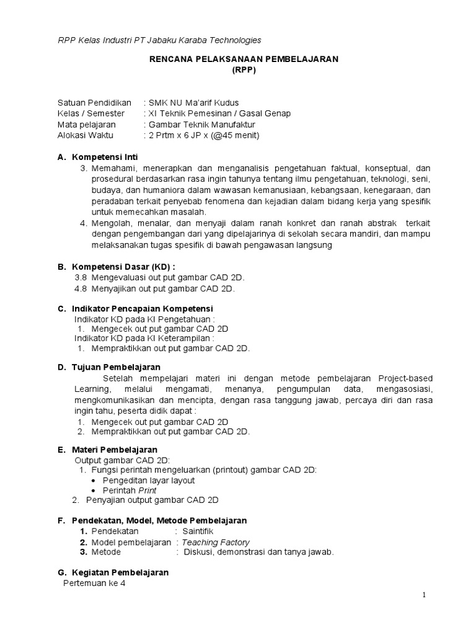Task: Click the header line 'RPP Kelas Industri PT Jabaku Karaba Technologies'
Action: click(x=159, y=40)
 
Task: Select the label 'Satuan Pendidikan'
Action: click(x=94, y=102)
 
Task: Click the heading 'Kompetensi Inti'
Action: click(x=105, y=157)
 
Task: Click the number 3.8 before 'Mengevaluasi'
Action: click(x=81, y=277)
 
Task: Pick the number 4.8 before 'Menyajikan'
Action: click(x=81, y=288)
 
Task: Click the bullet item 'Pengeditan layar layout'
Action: click(x=149, y=480)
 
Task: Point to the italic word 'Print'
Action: click(x=148, y=490)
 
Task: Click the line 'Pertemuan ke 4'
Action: click(x=95, y=584)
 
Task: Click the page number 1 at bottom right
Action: click(x=424, y=595)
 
